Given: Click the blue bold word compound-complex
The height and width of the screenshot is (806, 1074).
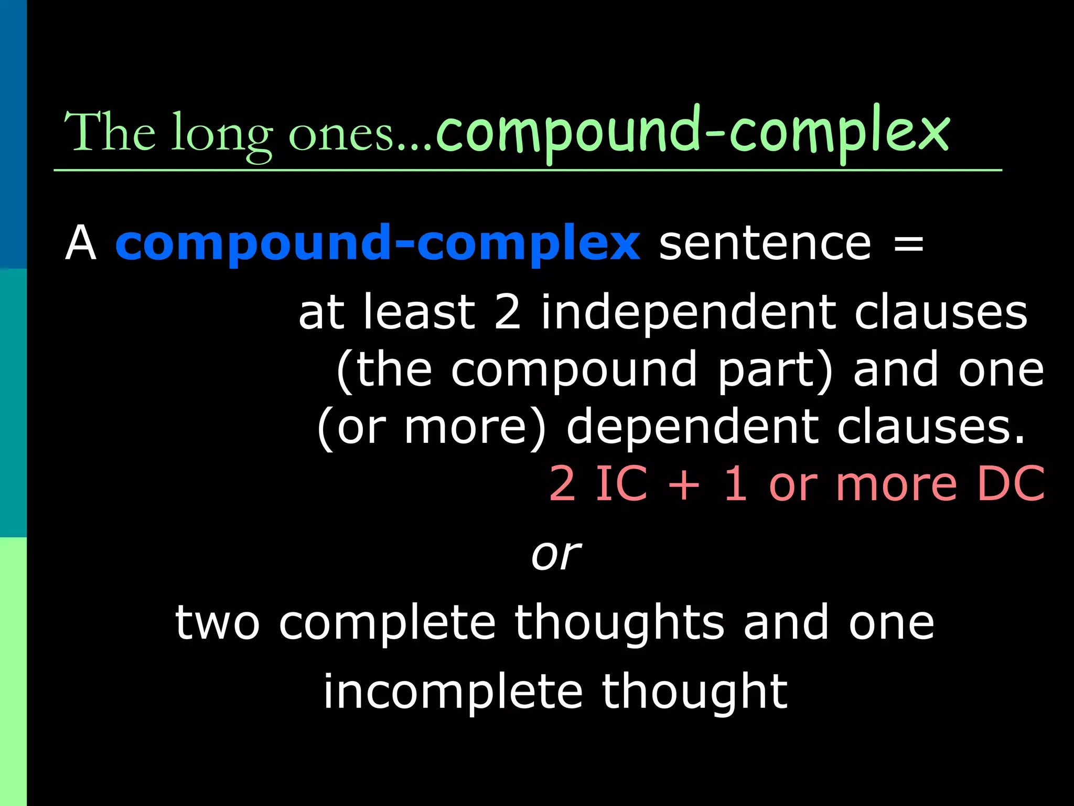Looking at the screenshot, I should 377,243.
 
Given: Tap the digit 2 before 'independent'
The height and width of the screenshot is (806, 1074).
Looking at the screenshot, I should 508,312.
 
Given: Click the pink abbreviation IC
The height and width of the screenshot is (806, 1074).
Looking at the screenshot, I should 621,483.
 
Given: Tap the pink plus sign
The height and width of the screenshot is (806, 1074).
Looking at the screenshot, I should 684,484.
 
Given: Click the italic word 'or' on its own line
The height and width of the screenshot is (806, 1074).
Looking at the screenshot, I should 556,555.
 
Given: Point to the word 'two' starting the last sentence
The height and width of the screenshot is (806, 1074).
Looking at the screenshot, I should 217,623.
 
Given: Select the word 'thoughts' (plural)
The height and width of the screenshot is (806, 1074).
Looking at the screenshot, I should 619,623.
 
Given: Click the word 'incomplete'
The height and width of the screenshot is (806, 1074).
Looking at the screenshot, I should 453,692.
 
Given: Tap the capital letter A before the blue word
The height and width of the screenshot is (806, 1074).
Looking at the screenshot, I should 81,243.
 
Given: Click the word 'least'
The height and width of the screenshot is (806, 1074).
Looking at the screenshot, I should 419,312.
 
